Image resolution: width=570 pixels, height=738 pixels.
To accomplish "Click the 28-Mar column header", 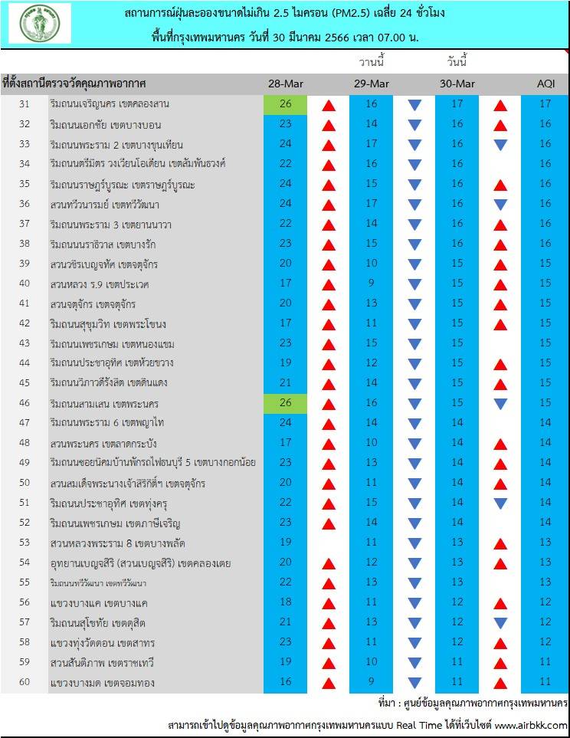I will coord(286,84).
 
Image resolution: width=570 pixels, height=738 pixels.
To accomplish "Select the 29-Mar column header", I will coord(372,84).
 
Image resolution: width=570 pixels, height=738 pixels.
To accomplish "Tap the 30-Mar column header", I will coord(457,84).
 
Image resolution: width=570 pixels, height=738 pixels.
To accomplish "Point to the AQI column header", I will coord(545,84).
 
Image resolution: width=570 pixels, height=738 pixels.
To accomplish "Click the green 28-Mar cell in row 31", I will coord(286,104).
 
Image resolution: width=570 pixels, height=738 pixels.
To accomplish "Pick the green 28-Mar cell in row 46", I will coord(286,403).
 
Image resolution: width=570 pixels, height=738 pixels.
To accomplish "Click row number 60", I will coord(24,682).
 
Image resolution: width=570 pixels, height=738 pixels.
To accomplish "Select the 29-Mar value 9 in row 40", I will coord(372,284).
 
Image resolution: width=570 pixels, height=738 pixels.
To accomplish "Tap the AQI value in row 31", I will coord(545,104).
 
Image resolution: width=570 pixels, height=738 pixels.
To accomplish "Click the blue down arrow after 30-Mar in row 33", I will coord(500,144).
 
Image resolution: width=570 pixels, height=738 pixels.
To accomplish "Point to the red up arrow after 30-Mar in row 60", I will coord(500,682).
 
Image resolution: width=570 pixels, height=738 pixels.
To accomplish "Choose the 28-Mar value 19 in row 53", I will coord(286,543).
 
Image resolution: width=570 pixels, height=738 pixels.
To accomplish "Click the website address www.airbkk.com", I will coord(532,725).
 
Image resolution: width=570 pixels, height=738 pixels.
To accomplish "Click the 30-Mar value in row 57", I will coord(457,622).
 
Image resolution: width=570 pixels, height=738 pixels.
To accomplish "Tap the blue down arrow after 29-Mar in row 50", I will coord(414,483).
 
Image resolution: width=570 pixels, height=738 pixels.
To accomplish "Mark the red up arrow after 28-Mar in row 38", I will coord(329,244).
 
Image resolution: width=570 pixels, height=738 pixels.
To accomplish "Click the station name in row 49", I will coord(152,463).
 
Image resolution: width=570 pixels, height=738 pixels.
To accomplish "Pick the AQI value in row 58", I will coord(545,642).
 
